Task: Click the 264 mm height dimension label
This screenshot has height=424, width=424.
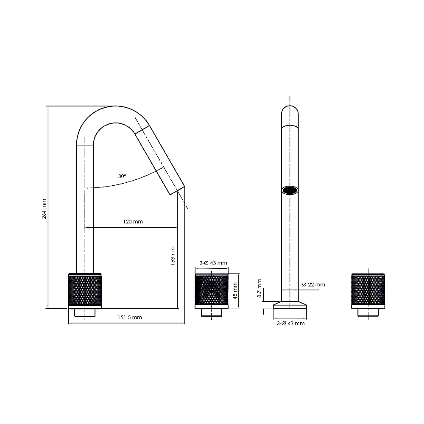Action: click(45, 209)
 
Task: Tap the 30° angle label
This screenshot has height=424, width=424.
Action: click(122, 176)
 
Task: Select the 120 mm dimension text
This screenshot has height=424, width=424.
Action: click(133, 222)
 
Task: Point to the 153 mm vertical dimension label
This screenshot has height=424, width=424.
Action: click(173, 256)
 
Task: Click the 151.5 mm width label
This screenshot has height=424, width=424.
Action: click(129, 317)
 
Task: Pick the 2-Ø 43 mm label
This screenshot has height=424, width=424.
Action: click(213, 263)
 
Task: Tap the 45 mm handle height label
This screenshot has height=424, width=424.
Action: click(235, 291)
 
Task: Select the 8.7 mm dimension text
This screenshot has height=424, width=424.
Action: click(259, 288)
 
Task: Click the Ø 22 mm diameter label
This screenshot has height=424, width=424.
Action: click(313, 285)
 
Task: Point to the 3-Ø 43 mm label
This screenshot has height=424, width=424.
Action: click(290, 324)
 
